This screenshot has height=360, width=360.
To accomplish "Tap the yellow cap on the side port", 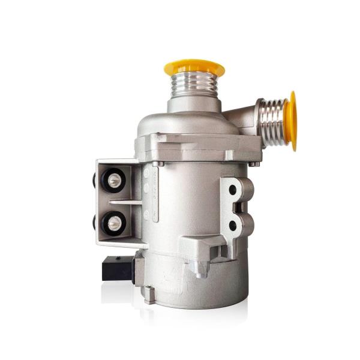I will [x=292, y=121].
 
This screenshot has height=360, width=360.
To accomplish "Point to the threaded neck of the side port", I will [x=274, y=121].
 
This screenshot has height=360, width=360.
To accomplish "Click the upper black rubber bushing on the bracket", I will [x=114, y=178].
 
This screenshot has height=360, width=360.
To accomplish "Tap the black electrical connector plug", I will [x=118, y=268].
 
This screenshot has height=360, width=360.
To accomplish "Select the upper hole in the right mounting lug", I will [x=232, y=190].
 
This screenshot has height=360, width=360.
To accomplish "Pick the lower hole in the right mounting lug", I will [x=232, y=226].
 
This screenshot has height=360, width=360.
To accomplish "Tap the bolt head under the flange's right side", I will [x=254, y=163].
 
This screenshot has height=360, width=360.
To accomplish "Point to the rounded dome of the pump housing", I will [x=180, y=123].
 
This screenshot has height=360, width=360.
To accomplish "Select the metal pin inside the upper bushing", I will [x=113, y=178].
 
